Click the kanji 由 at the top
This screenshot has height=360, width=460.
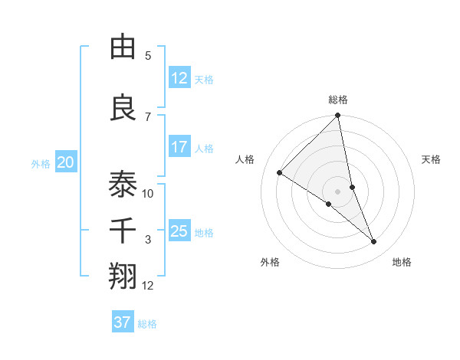tap(123, 47)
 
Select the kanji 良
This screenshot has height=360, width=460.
tap(123, 108)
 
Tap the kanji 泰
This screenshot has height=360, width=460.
tap(123, 185)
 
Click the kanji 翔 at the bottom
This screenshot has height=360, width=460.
tap(123, 277)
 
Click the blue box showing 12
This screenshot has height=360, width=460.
tap(179, 78)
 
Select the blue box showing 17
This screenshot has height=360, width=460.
tap(179, 147)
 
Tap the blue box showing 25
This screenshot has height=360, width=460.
tap(179, 231)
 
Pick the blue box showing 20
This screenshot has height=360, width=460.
tap(66, 162)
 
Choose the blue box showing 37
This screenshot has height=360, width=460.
tap(123, 322)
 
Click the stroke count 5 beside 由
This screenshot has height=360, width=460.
tap(148, 56)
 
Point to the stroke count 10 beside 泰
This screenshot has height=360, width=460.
tap(148, 193)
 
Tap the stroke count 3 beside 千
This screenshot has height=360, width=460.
tap(148, 240)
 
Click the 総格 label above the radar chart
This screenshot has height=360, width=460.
tap(338, 100)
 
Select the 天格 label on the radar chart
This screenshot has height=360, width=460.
tap(432, 159)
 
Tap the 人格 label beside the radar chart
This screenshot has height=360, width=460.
tap(245, 159)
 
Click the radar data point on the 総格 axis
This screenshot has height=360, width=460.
tap(338, 116)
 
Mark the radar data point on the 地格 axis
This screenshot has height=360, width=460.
tap(374, 242)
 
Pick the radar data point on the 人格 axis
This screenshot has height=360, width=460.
tap(280, 172)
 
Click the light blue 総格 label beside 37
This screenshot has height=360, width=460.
tap(147, 324)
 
